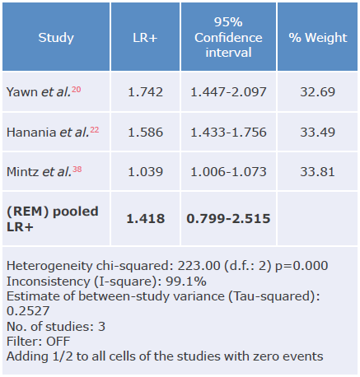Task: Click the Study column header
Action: point(56,38)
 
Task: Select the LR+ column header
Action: point(146,38)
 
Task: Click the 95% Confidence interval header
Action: point(227,38)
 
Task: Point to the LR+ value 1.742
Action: point(146,91)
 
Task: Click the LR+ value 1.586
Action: point(146,132)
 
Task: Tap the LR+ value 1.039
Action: point(146,173)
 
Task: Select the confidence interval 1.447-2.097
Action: point(227,91)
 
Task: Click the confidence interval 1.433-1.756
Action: point(227,132)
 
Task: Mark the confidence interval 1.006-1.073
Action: point(227,173)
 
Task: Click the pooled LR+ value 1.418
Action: point(146,218)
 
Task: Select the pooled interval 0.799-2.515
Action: point(227,218)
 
